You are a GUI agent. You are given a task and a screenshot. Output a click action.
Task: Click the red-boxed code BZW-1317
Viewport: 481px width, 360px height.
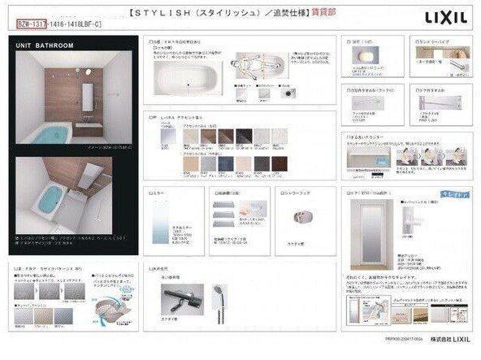tap(35, 25)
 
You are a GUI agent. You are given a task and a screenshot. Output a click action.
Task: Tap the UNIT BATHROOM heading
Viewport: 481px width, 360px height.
tap(45, 46)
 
